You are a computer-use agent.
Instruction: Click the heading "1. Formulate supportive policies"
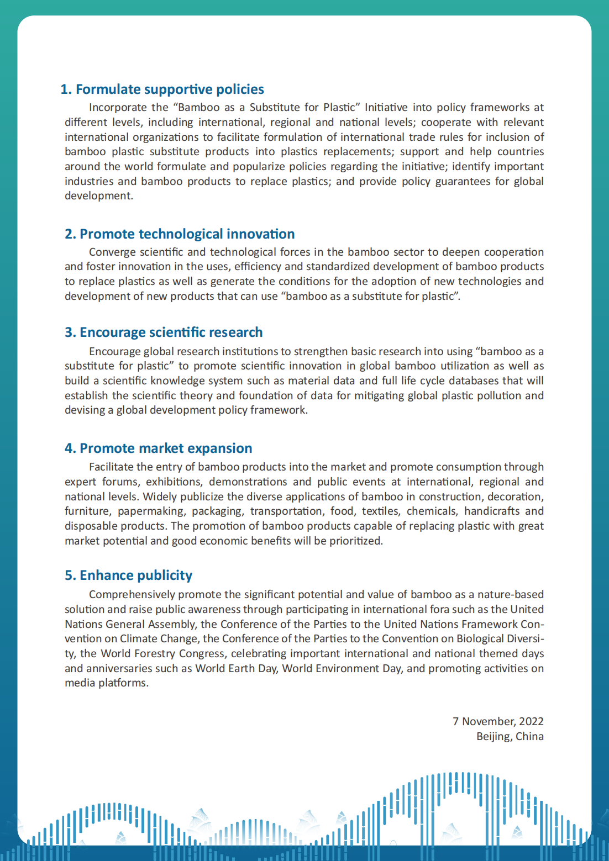(x=162, y=89)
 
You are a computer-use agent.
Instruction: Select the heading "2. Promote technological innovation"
(x=180, y=234)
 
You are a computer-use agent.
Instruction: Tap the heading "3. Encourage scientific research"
(x=164, y=332)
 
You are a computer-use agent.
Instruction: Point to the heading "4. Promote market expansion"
(x=158, y=448)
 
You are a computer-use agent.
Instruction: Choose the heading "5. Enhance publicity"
(x=128, y=575)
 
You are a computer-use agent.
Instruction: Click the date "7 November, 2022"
(x=498, y=721)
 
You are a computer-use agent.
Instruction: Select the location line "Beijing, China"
(x=510, y=736)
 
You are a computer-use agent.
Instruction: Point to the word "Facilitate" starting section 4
(x=112, y=467)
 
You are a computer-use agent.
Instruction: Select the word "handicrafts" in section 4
(x=492, y=511)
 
